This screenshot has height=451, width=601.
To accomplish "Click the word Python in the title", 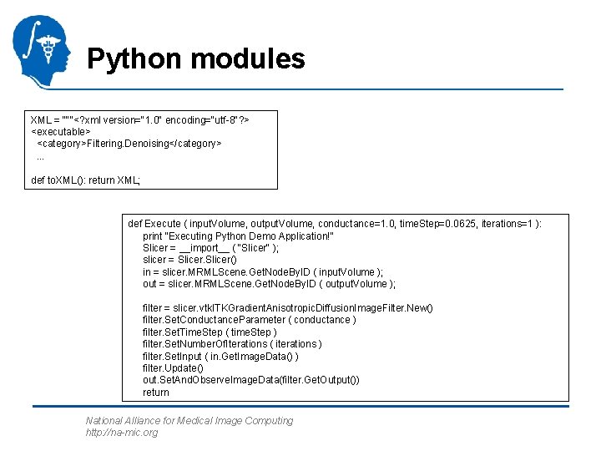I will tap(134, 59).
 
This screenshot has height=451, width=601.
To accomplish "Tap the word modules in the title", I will tap(247, 59).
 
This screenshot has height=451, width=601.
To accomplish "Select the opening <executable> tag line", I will tap(61, 131).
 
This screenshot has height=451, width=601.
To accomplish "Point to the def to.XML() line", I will tap(86, 180).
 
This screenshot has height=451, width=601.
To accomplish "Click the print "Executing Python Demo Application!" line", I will tap(238, 236).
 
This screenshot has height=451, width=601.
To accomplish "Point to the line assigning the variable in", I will tap(263, 271).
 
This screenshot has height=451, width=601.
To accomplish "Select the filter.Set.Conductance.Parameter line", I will tap(250, 320).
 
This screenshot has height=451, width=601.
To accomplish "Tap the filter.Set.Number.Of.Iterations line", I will tap(232, 343).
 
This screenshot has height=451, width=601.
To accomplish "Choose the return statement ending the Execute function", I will tap(156, 392).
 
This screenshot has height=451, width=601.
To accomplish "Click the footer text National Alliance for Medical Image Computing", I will tap(189, 421).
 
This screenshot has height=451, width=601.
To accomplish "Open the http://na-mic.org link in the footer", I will tap(121, 433).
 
